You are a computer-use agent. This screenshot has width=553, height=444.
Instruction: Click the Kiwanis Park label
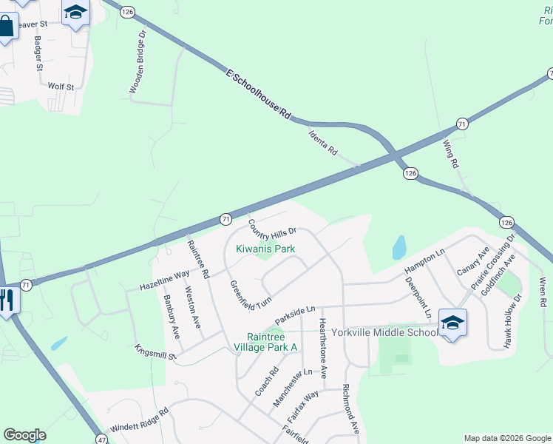click(265, 249)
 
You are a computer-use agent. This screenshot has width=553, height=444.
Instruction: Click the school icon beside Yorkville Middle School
click(452, 322)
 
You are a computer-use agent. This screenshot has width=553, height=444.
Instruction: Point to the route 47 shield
click(102, 439)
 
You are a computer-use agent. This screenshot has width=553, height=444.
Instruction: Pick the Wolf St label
click(61, 87)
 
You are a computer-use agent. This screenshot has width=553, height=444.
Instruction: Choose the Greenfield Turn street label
click(250, 296)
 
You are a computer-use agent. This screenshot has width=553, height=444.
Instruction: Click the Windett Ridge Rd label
click(140, 420)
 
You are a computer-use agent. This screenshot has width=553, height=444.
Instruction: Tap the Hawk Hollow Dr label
click(517, 311)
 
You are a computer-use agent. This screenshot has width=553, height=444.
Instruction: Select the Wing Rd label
click(451, 153)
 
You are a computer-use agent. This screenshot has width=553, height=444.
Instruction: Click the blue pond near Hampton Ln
click(399, 246)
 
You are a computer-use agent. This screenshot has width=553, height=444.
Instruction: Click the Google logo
click(24, 435)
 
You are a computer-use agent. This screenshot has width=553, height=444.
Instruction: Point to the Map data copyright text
click(506, 438)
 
